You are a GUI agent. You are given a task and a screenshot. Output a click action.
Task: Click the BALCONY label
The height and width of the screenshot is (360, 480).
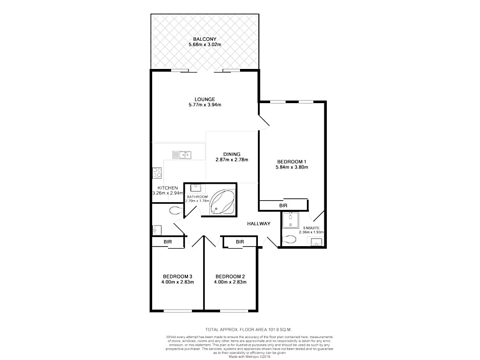pos(205,39)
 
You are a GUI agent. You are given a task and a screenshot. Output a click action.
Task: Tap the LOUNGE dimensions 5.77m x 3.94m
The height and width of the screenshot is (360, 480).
pos(205,105)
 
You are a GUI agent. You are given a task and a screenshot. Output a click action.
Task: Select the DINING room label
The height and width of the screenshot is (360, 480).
pos(232,154)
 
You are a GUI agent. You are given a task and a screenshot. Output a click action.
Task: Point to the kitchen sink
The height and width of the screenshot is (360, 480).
pos(182,155)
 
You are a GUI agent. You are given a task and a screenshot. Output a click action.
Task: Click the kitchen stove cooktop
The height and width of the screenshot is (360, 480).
pos(157,173)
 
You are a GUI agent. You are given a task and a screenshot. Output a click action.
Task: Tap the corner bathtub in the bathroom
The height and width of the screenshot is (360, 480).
pos(222,201)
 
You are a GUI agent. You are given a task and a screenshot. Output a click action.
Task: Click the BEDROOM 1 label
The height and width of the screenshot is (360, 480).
pos(292,162)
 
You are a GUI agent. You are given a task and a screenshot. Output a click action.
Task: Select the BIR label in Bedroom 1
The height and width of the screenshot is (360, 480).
pos(283,206)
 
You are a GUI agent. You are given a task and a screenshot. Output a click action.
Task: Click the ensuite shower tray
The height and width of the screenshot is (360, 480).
pos(290,221)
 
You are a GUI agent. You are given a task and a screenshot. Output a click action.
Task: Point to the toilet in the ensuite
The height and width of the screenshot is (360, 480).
pos(289,239)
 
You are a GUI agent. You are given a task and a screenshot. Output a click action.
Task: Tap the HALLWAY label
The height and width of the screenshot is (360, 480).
pos(259,224)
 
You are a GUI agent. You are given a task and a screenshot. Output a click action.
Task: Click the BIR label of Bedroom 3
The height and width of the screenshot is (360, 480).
pos(168,242)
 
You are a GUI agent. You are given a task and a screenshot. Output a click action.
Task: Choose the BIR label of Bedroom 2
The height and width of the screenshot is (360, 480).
pos(240,242)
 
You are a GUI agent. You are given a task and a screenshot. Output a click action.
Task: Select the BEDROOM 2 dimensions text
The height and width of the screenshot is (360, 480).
pos(230,282)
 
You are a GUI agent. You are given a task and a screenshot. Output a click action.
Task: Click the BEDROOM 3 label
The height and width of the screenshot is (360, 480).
pos(178,276)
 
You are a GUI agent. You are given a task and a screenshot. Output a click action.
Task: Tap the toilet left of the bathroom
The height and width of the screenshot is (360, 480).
pos(176,210)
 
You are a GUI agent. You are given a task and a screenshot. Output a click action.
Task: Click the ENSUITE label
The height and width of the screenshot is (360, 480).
pos(311,228)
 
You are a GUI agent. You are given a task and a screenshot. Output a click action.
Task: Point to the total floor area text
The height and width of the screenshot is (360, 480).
pos(249,330)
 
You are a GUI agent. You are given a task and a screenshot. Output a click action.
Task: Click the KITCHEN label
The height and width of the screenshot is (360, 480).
pos(168,188)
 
